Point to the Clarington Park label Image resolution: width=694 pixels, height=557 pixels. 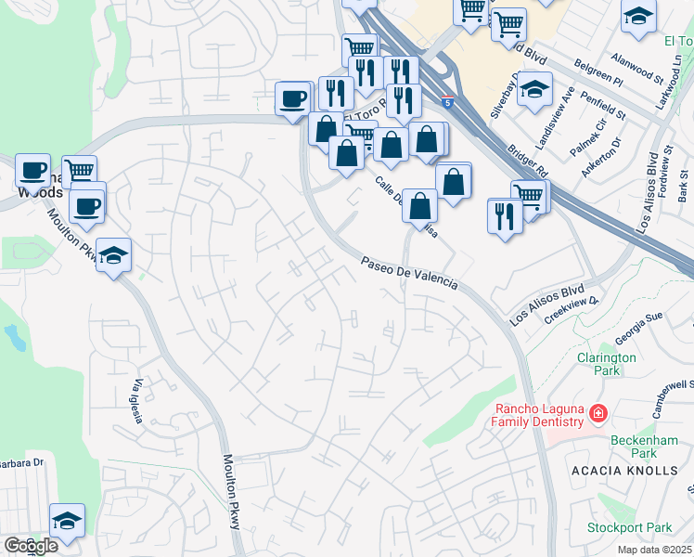tap(607, 363)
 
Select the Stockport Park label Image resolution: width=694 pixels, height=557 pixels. tap(629, 527)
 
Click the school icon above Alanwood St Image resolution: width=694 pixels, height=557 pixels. tap(637, 19)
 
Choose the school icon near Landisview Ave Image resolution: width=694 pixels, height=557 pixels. tap(534, 90)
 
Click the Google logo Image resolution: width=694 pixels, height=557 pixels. tap(30, 546)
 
